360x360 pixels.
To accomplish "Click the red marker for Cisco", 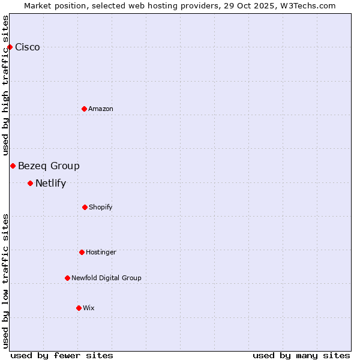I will tap(10, 47).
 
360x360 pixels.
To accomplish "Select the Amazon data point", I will tap(84, 109).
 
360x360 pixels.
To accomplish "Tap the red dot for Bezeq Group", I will tap(13, 166).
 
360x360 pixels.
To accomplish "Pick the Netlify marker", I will tap(30, 183).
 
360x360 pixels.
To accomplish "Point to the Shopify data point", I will tap(85, 207).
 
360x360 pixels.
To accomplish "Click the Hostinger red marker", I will tap(82, 252).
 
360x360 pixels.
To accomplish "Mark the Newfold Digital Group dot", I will tap(67, 278).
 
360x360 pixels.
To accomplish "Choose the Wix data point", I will tap(79, 308).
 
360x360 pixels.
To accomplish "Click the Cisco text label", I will tap(28, 47).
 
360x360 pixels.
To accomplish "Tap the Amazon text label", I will tap(101, 109).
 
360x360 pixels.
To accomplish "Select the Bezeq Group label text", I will tap(49, 166).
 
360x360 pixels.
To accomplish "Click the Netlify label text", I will tap(50, 184).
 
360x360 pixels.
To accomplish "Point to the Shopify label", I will tap(101, 207).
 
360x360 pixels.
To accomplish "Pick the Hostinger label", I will tap(101, 252).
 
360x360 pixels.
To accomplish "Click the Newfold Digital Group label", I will tap(106, 278).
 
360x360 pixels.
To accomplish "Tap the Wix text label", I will tap(89, 308).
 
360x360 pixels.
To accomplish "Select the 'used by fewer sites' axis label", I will tap(62, 355).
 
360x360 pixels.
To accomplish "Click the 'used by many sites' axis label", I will tap(301, 355).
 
